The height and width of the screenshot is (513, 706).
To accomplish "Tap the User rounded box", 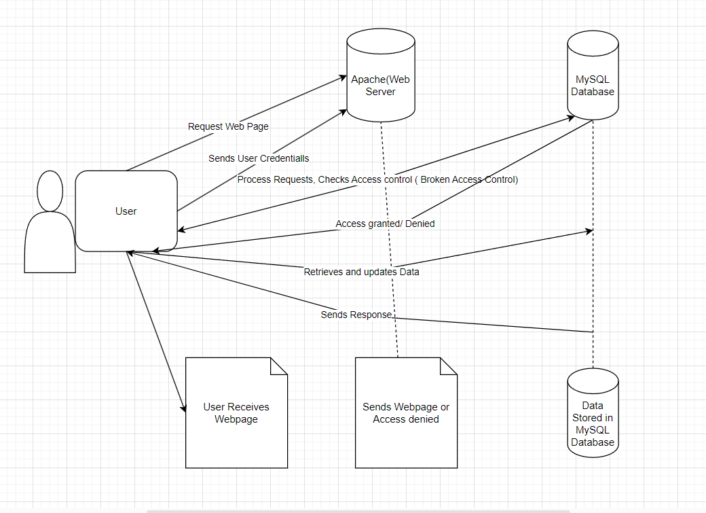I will point(126,211).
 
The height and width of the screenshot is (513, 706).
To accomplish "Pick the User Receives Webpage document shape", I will point(236,412).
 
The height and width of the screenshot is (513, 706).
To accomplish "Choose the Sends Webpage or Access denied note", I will point(406,412).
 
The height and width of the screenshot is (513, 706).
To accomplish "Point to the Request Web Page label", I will point(228,126).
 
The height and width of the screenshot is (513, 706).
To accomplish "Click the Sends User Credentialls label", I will point(259,158).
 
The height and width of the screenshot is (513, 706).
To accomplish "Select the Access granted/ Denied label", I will point(385,224).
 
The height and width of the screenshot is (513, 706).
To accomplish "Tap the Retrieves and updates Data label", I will point(361,272).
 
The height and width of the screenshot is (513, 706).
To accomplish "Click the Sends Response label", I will point(356,315).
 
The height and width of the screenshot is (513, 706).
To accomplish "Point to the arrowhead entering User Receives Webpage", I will point(183,408).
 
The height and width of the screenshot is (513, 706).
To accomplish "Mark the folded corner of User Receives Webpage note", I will point(279,366).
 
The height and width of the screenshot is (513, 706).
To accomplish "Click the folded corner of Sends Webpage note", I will point(449,366).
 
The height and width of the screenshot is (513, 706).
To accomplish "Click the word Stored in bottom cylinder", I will point(593,418).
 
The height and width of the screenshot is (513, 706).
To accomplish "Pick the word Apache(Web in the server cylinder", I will point(380,79).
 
